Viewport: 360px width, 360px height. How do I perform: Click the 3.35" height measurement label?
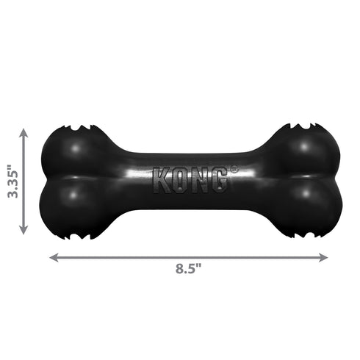pos(10,181)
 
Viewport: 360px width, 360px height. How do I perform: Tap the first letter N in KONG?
pos(199,181)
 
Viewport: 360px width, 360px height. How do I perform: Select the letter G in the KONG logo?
pos(218,181)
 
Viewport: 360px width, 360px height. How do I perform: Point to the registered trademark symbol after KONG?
pos(234,170)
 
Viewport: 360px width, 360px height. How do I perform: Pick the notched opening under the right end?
pos(301,235)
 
